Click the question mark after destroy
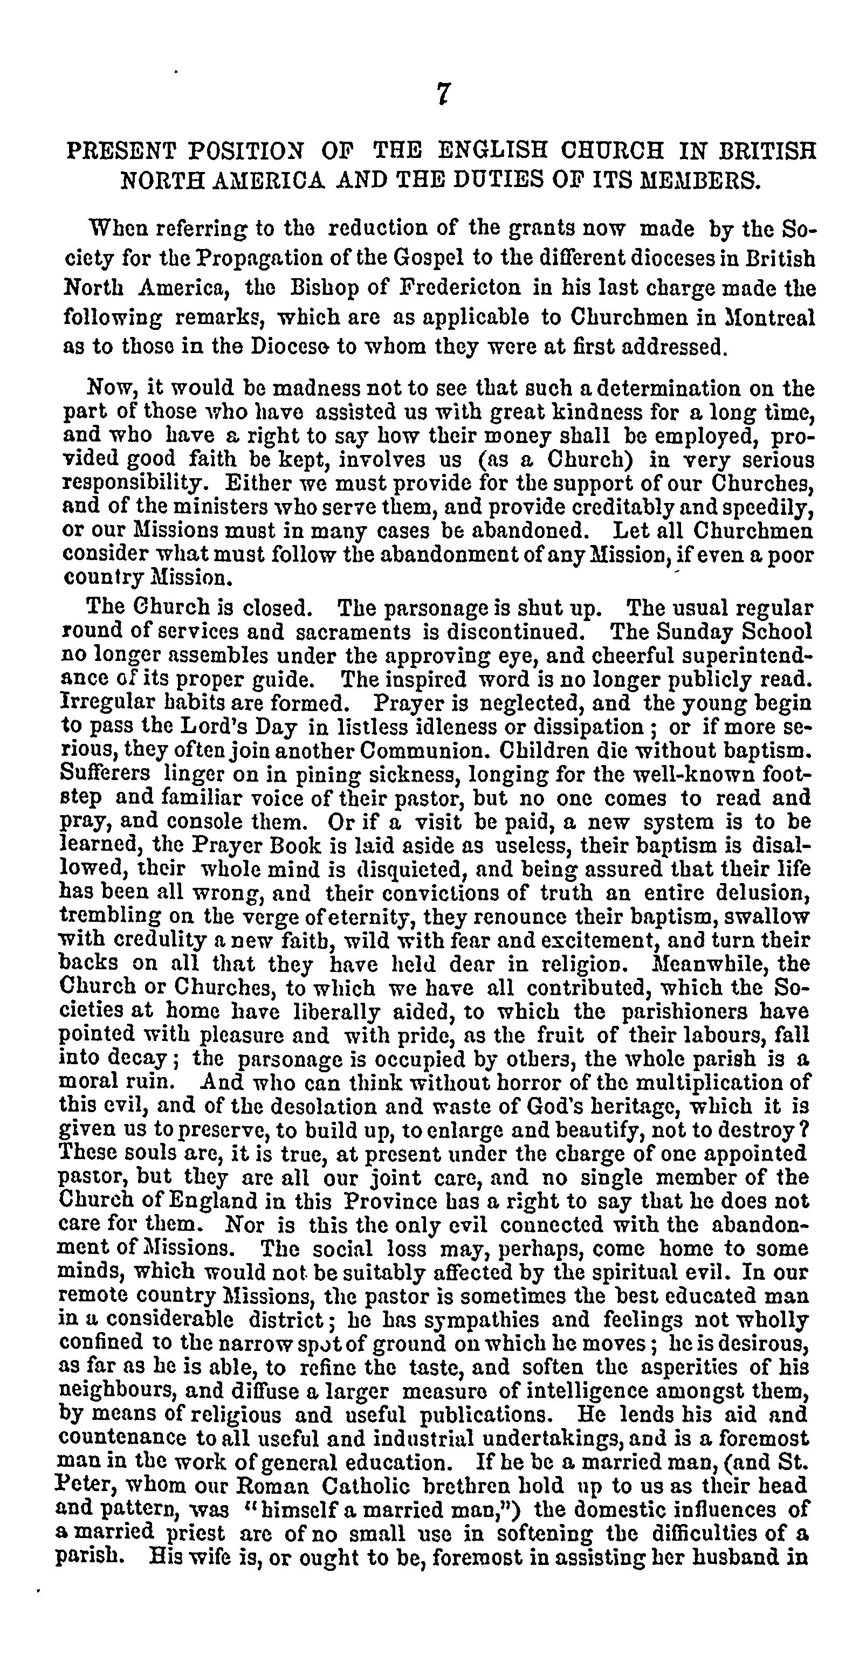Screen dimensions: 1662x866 click(804, 1130)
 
